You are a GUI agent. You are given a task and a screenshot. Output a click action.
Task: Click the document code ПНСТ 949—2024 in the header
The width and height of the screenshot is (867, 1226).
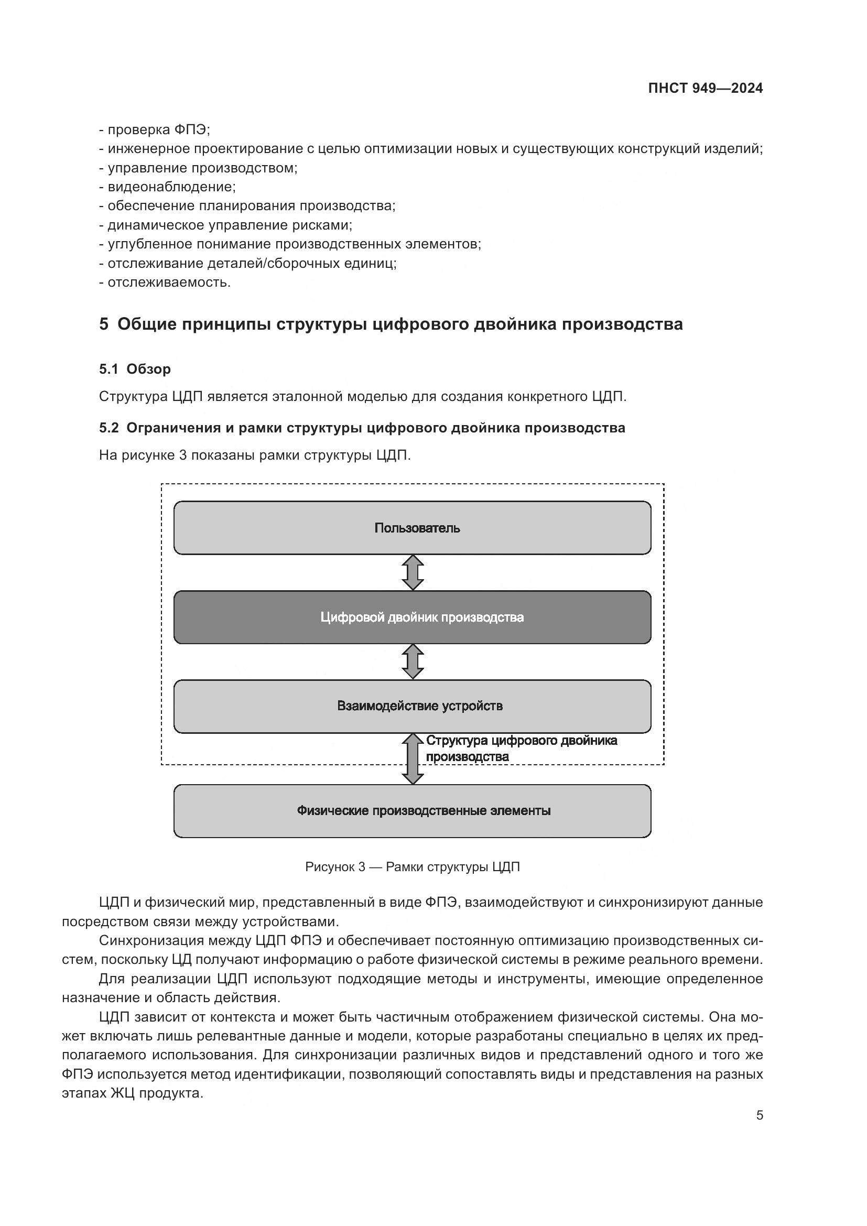(705, 89)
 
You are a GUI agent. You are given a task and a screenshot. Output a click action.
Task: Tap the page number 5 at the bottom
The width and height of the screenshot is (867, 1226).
(760, 1115)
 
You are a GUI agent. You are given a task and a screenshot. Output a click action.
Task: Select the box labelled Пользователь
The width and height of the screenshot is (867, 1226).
(412, 528)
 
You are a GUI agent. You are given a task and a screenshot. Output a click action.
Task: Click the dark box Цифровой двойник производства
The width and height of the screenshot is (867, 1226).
(412, 617)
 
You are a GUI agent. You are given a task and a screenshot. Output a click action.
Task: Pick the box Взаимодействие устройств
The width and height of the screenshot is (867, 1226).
(412, 706)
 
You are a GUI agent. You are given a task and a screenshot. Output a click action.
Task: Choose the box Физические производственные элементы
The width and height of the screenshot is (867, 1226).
(412, 810)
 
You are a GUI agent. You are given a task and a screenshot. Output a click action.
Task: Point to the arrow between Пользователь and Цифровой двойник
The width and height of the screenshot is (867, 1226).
(413, 572)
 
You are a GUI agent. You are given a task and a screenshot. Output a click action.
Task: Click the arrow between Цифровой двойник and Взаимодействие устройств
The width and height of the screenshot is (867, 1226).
(413, 661)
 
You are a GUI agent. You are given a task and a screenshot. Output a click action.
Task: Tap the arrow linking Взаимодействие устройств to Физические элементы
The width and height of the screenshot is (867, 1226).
(413, 758)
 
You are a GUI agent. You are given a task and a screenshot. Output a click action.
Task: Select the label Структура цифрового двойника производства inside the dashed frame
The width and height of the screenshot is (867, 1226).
(521, 748)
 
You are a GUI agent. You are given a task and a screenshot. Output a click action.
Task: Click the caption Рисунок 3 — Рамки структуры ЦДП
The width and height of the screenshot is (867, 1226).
(412, 866)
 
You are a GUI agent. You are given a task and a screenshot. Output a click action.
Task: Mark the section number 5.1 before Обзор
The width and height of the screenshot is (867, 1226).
(109, 369)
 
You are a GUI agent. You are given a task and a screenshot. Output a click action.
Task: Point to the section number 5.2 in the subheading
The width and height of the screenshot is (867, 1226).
(109, 428)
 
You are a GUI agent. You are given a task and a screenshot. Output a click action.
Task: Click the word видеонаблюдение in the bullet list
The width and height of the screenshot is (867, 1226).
(171, 187)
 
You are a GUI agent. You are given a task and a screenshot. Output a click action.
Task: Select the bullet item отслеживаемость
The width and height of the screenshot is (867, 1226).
(169, 282)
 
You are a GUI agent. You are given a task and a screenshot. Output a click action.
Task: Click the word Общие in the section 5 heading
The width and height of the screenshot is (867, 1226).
(146, 324)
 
